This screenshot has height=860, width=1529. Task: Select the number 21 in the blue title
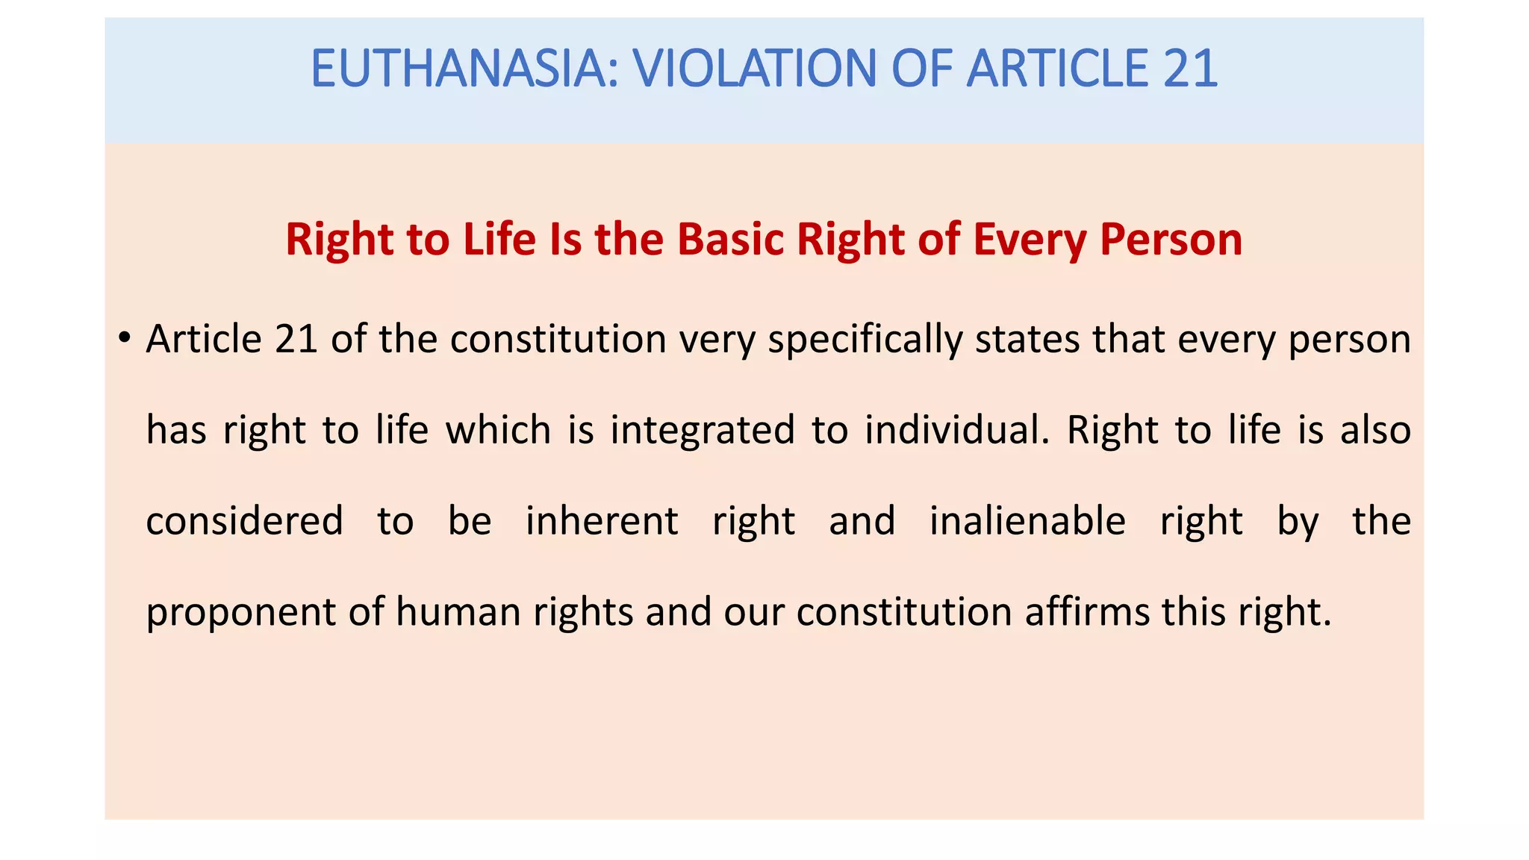coord(1190,69)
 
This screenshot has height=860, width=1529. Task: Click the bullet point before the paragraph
coord(125,338)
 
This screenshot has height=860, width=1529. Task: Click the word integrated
coord(703,431)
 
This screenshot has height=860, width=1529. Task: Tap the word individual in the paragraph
coord(956,430)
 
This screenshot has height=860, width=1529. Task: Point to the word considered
coord(244,521)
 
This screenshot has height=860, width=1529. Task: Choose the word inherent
coord(602,521)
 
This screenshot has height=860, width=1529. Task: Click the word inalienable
coord(1027,521)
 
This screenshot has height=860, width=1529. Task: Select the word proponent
coord(240,613)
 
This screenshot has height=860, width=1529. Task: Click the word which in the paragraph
coord(498,430)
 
